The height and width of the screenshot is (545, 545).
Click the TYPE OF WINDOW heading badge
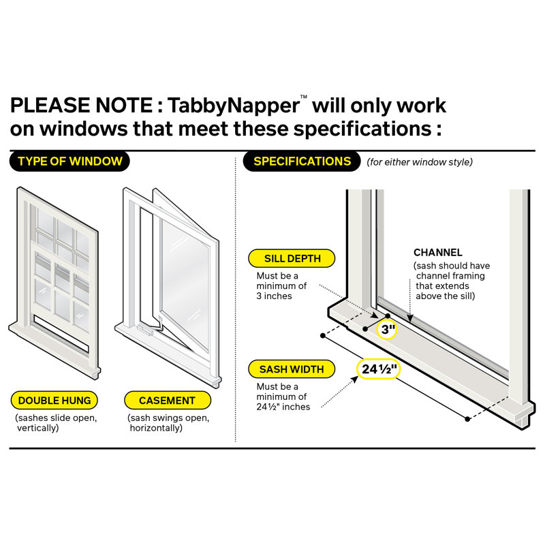tap(70, 161)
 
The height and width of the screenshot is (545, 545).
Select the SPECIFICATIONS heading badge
tap(302, 161)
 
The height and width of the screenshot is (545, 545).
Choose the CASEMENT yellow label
tap(167, 401)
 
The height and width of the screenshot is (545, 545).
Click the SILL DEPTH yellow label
tap(292, 259)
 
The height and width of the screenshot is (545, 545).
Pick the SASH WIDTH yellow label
tap(292, 370)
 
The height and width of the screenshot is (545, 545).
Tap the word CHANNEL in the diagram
tap(437, 252)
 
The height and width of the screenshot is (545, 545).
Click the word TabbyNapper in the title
tap(243, 106)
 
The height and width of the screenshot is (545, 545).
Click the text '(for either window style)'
tap(420, 162)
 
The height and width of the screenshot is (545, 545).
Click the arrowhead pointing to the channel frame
tap(409, 318)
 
